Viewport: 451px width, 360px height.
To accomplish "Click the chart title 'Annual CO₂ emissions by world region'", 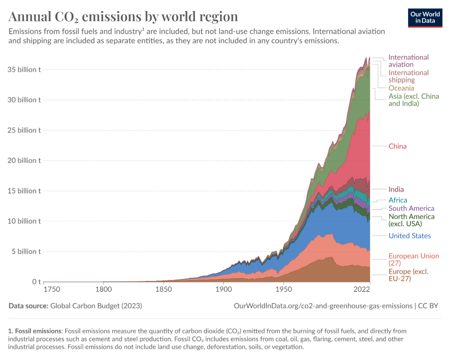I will [123, 17].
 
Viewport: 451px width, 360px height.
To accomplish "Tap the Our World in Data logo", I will [425, 18].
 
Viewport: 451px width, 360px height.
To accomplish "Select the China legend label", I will [397, 146].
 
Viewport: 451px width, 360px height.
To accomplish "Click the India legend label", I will [396, 189].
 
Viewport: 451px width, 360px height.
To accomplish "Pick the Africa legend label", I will [398, 200].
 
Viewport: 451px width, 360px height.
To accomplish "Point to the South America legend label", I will [411, 208].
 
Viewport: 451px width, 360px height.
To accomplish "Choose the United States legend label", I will [410, 236].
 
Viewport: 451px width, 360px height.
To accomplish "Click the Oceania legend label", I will [401, 88].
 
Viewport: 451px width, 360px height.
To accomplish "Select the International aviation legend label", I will [408, 61].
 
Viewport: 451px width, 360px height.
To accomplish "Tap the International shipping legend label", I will [408, 76].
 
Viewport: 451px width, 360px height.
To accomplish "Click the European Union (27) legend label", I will [414, 259].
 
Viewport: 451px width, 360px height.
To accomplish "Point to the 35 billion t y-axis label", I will [24, 70].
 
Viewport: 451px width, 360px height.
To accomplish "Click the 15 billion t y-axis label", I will [24, 191].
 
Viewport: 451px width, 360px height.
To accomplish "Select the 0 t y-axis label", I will [36, 282].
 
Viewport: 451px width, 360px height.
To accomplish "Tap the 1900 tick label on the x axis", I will [223, 289].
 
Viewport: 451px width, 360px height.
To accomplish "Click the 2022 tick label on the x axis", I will [362, 289].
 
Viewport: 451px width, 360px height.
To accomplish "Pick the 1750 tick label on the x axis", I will [52, 289].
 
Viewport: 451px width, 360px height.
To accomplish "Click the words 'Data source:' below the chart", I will [28, 306].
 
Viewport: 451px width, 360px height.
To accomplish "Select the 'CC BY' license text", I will [428, 306].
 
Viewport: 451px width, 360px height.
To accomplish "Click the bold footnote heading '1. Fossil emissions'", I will [35, 331].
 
